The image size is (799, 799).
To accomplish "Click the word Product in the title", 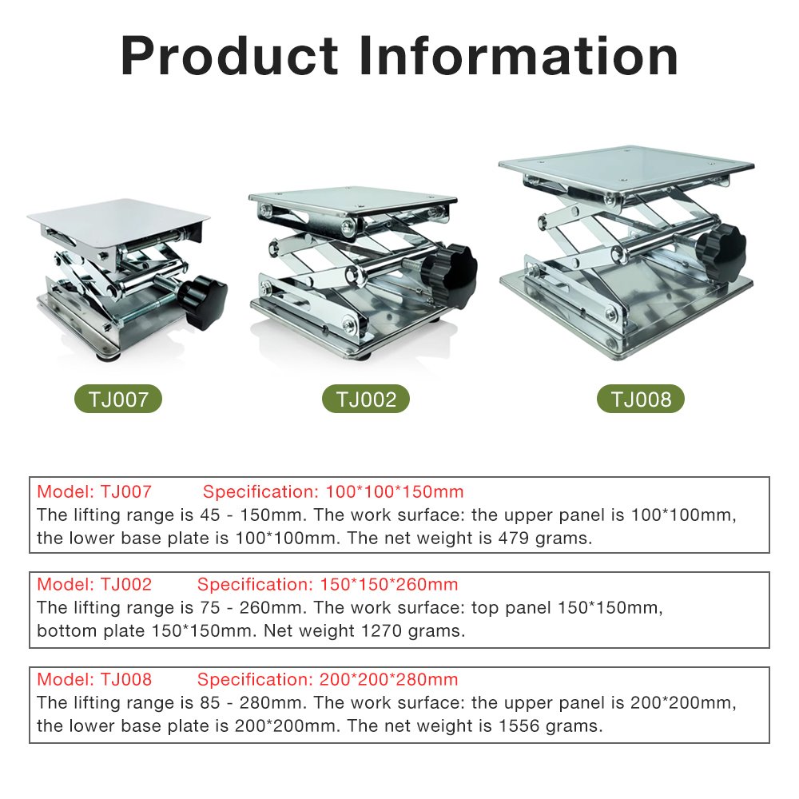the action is pyautogui.click(x=229, y=56).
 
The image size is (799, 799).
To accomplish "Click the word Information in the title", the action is pyautogui.click(x=519, y=56).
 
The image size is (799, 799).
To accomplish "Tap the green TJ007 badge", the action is pyautogui.click(x=118, y=399).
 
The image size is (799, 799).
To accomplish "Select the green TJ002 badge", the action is pyautogui.click(x=366, y=399).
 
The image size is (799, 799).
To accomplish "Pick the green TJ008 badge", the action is pyautogui.click(x=641, y=399).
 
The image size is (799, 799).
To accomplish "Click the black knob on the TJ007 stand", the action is pyautogui.click(x=202, y=301).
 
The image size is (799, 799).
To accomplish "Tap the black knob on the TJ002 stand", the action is pyautogui.click(x=451, y=275).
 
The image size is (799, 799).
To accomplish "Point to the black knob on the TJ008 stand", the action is pyautogui.click(x=721, y=252).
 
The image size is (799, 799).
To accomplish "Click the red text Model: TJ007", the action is pyautogui.click(x=94, y=491).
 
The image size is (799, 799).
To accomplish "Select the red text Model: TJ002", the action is pyautogui.click(x=94, y=585).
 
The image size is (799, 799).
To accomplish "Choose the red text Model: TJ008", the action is pyautogui.click(x=94, y=679).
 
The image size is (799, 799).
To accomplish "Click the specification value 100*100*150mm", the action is pyautogui.click(x=395, y=491).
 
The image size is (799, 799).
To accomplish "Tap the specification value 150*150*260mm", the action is pyautogui.click(x=389, y=585).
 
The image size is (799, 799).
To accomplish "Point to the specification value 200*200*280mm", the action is pyautogui.click(x=389, y=679).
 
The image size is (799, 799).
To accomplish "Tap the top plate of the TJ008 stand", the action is pyautogui.click(x=626, y=169).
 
